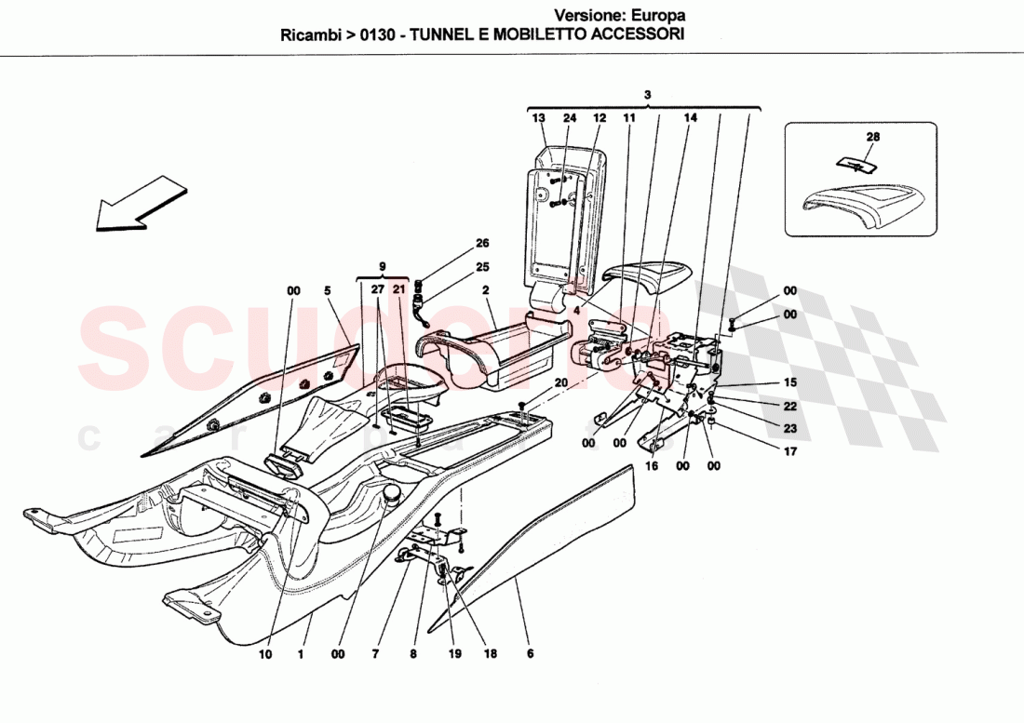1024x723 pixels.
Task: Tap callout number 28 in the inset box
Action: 872,137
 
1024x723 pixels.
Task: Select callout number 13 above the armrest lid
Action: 538,118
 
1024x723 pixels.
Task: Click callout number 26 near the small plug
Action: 481,244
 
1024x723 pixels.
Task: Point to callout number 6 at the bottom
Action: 530,654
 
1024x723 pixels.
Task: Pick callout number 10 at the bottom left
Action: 265,654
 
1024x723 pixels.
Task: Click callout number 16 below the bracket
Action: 652,466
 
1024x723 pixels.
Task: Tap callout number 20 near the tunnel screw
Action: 560,382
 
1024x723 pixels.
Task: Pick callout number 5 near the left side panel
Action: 328,291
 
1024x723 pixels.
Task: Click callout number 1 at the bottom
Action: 301,654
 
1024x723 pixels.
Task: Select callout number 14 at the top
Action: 690,118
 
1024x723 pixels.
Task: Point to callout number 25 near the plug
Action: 481,268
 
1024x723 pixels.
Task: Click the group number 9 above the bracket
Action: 383,264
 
